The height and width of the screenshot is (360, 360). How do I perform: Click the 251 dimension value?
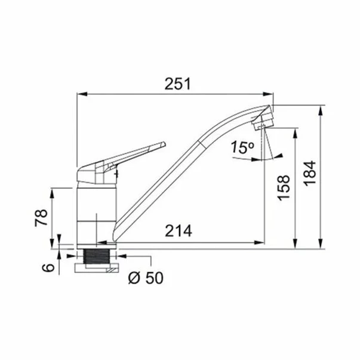(x=178, y=84)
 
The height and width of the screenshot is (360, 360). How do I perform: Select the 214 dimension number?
(x=179, y=230)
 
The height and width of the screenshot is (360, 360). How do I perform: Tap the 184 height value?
(x=310, y=173)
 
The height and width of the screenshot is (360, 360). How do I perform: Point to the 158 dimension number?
(x=284, y=188)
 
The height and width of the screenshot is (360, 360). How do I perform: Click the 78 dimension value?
(x=41, y=218)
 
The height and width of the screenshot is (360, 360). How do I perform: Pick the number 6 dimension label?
(x=48, y=267)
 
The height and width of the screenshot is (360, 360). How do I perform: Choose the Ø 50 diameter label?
(x=146, y=278)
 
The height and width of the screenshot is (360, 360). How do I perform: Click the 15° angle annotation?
(x=242, y=147)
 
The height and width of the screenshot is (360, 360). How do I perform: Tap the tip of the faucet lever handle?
(x=164, y=143)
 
